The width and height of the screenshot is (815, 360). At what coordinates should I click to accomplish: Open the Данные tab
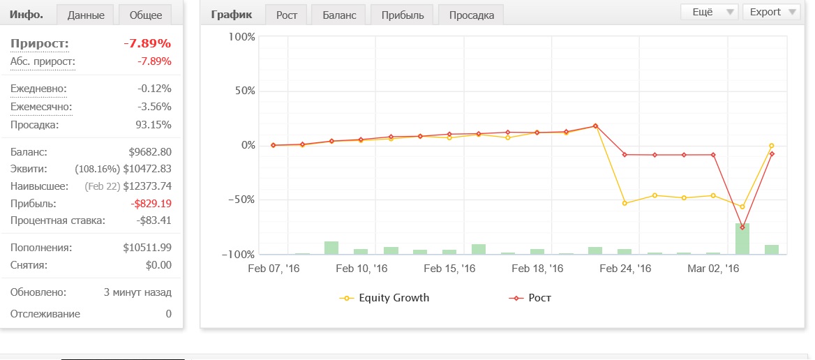(x=86, y=15)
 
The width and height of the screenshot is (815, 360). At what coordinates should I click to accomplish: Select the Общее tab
(x=146, y=15)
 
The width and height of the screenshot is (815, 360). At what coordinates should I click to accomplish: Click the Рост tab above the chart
(x=286, y=15)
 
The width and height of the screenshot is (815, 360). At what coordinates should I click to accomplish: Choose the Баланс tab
(x=338, y=15)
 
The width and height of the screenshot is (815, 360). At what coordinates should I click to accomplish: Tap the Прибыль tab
(x=403, y=15)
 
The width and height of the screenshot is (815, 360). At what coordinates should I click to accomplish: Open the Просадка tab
(x=472, y=15)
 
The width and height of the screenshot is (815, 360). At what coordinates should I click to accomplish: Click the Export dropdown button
(x=771, y=12)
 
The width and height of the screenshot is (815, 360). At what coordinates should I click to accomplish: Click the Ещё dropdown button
(x=710, y=12)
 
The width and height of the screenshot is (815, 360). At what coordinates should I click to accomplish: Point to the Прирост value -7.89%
(x=148, y=43)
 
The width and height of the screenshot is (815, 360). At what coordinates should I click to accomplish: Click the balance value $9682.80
(x=150, y=152)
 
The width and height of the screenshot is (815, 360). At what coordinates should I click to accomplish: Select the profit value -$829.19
(x=151, y=204)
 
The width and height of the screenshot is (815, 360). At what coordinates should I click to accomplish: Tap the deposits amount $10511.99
(x=147, y=248)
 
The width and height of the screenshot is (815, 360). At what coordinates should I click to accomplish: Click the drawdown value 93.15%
(x=154, y=125)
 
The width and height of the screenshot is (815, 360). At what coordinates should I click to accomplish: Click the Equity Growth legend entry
(x=384, y=298)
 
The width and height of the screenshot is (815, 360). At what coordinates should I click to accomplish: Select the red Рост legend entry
(x=529, y=298)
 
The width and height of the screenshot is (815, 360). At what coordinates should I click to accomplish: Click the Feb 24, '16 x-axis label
(x=625, y=269)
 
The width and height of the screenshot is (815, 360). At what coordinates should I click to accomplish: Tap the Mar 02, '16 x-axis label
(x=713, y=269)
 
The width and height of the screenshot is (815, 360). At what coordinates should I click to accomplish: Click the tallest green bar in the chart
(x=742, y=239)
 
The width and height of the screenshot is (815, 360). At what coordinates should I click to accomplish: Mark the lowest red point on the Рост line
(x=742, y=227)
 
